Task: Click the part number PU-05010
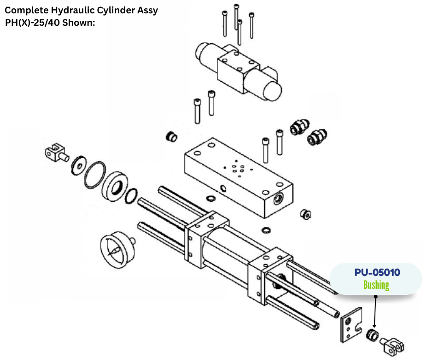pos(377,272)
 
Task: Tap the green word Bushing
pos(376,285)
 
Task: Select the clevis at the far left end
pos(55,152)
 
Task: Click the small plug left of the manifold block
pos(171,136)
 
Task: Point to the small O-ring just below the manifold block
pos(211,199)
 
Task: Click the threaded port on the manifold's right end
pos(279,198)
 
